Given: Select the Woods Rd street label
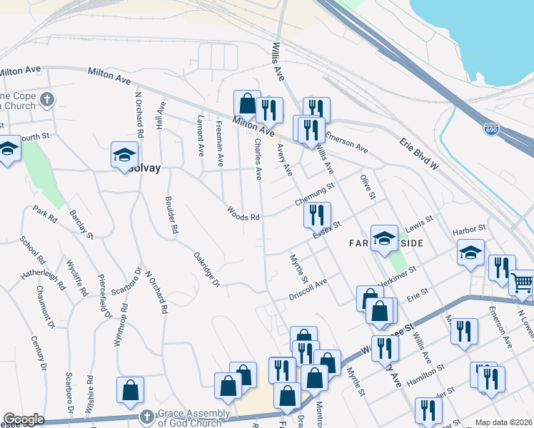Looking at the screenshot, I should [x=243, y=213].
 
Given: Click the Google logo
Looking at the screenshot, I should [x=24, y=419].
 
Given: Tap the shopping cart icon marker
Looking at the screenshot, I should [x=522, y=283].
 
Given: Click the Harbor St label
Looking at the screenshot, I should [x=468, y=230].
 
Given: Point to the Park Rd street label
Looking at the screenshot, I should [x=44, y=216].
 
